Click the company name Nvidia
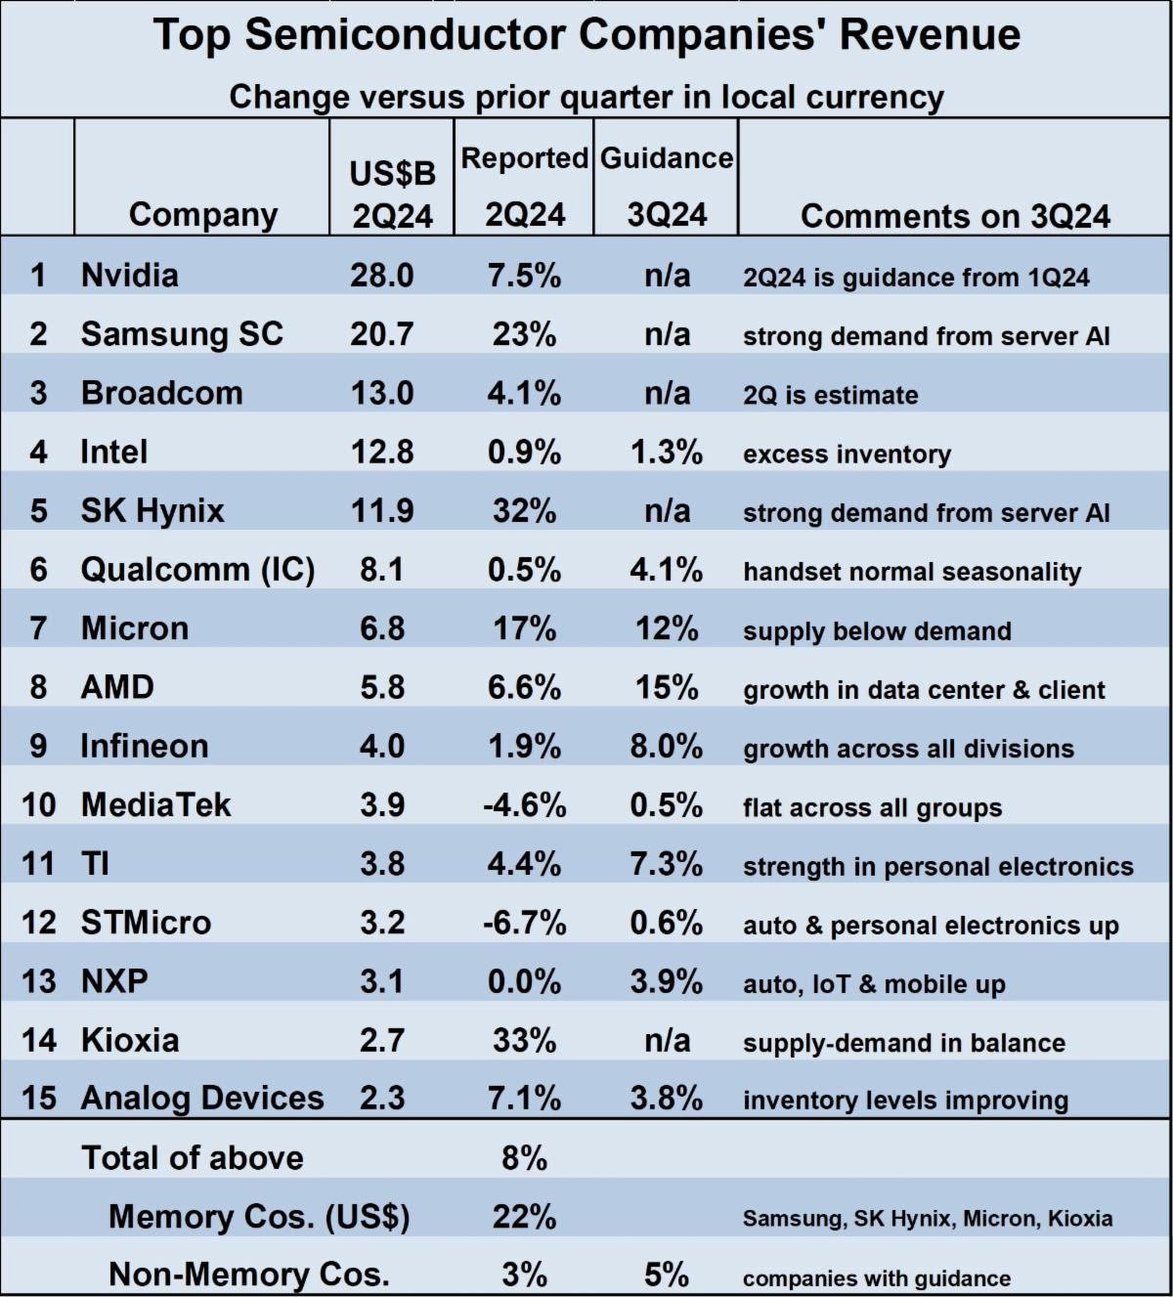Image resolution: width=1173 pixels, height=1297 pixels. click(129, 275)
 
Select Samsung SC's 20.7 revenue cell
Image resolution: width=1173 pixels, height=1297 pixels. click(382, 334)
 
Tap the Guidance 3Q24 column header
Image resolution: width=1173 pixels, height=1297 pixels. click(667, 186)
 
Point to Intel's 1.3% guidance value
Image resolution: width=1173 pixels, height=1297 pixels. click(667, 452)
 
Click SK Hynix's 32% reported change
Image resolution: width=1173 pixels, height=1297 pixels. click(524, 510)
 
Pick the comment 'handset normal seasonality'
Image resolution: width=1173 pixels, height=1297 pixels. click(912, 572)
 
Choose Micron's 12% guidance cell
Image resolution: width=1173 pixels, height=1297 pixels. click(667, 628)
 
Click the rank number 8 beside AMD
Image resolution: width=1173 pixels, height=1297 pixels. click(38, 687)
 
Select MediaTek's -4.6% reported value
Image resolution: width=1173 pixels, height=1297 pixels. click(524, 805)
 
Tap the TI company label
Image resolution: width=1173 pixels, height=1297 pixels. click(95, 864)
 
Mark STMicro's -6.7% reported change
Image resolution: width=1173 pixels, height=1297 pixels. click(524, 923)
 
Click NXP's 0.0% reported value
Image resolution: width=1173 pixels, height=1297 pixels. click(524, 981)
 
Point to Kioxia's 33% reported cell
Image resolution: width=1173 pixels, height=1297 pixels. click(524, 1040)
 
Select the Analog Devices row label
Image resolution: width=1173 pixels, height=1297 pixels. click(201, 1099)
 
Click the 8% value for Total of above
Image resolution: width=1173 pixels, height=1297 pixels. click(524, 1158)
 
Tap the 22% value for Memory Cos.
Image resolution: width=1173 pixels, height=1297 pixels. click(524, 1217)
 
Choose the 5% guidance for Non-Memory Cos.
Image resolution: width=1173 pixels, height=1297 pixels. click(667, 1275)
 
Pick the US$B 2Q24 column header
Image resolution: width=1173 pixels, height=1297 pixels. click(392, 195)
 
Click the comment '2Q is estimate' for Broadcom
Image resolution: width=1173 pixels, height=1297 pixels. click(830, 395)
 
